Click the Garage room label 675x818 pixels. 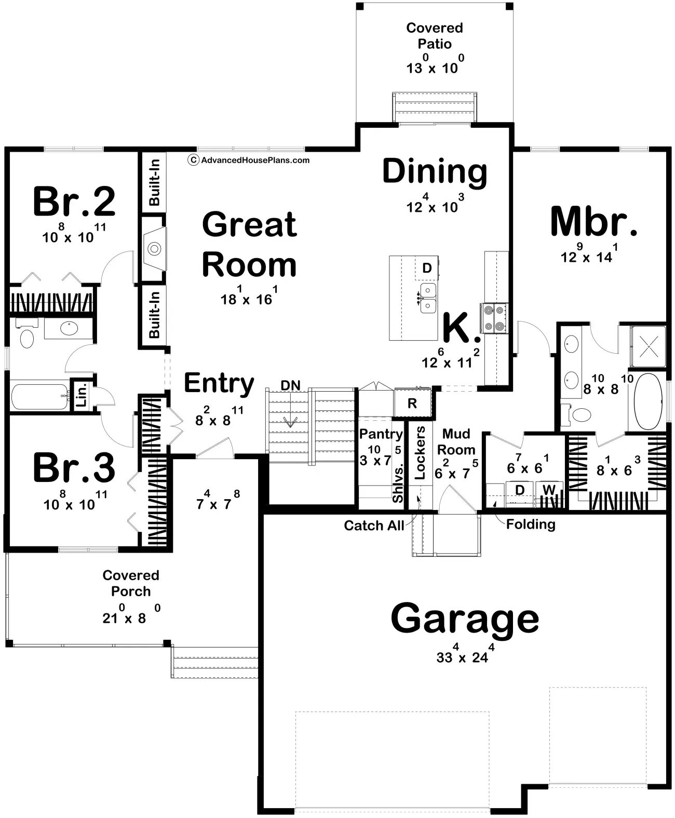[x=465, y=618]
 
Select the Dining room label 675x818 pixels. [x=435, y=171]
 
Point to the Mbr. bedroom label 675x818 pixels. [x=593, y=222]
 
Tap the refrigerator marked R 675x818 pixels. [x=412, y=404]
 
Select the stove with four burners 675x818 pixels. [x=493, y=318]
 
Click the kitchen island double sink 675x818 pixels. [x=428, y=298]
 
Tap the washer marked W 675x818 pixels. [x=549, y=489]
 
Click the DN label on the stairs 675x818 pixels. [x=291, y=385]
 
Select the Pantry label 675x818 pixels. [x=381, y=434]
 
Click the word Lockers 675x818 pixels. [x=420, y=452]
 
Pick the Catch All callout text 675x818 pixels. [x=374, y=526]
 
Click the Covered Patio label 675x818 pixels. [x=435, y=35]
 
